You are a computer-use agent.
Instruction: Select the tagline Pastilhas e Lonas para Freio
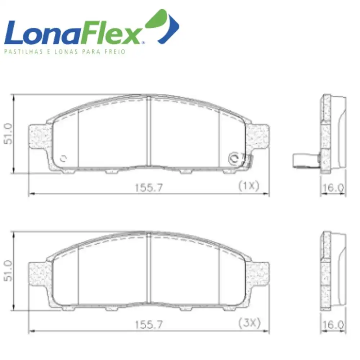pyautogui.click(x=65, y=51)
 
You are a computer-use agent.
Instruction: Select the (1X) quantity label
pyautogui.click(x=248, y=186)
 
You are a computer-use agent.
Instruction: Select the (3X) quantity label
pyautogui.click(x=249, y=323)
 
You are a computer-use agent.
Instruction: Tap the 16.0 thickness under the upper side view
pyautogui.click(x=333, y=188)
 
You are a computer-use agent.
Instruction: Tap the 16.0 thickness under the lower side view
pyautogui.click(x=333, y=325)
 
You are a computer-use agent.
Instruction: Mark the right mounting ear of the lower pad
pyautogui.click(x=258, y=274)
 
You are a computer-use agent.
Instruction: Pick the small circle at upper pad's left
pyautogui.click(x=64, y=158)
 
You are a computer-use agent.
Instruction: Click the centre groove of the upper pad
pyautogui.click(x=148, y=131)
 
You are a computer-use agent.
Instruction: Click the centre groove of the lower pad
pyautogui.click(x=148, y=268)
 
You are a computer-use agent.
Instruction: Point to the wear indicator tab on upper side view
pyautogui.click(x=306, y=160)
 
